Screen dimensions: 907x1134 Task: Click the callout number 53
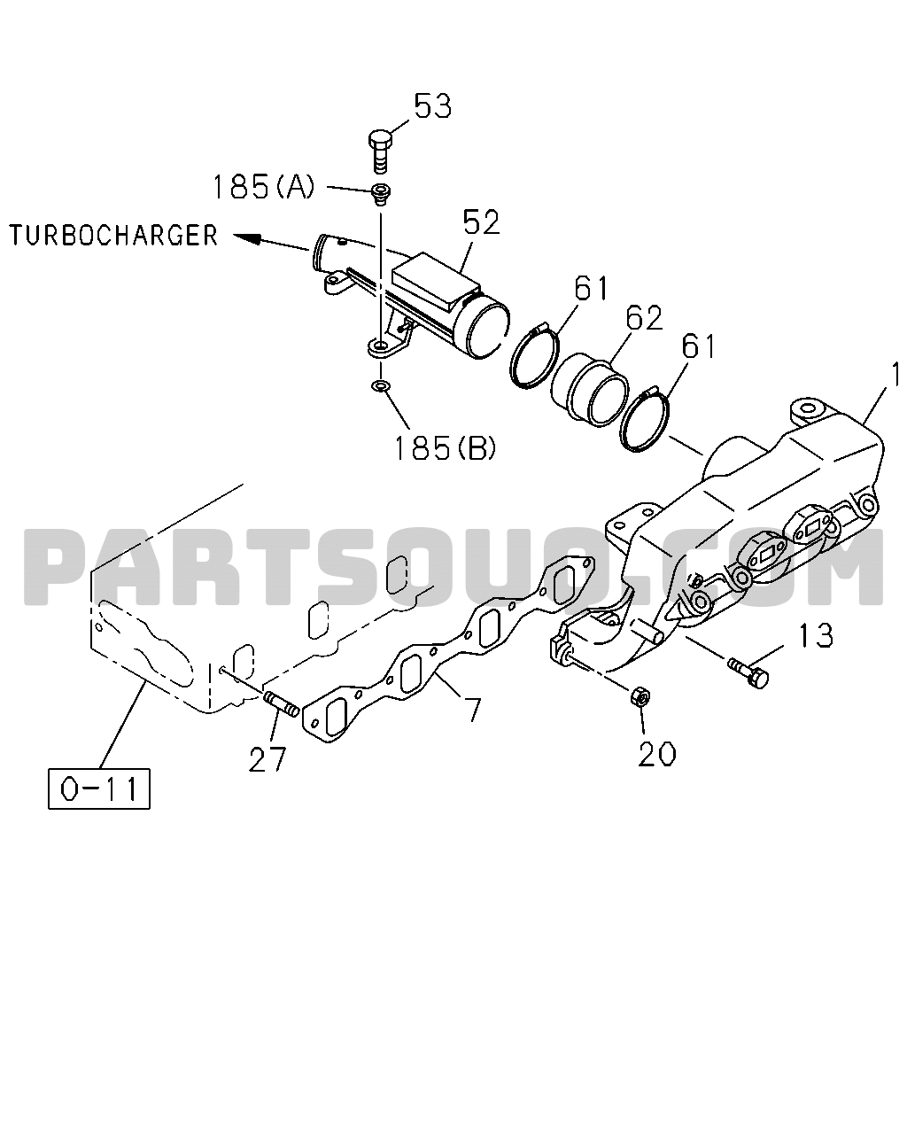[x=432, y=106]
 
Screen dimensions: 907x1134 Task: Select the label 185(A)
[x=263, y=187]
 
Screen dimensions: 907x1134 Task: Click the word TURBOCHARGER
[x=114, y=235]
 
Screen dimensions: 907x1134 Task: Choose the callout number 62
[x=644, y=318]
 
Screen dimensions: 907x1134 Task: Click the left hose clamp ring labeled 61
[x=534, y=357]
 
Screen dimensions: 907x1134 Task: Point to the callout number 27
[x=267, y=759]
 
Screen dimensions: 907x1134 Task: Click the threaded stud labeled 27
[x=281, y=703]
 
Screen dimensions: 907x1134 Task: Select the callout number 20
[x=656, y=754]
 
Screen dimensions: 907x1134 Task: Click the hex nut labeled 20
[x=640, y=696]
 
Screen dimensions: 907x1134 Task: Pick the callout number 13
[x=816, y=635]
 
